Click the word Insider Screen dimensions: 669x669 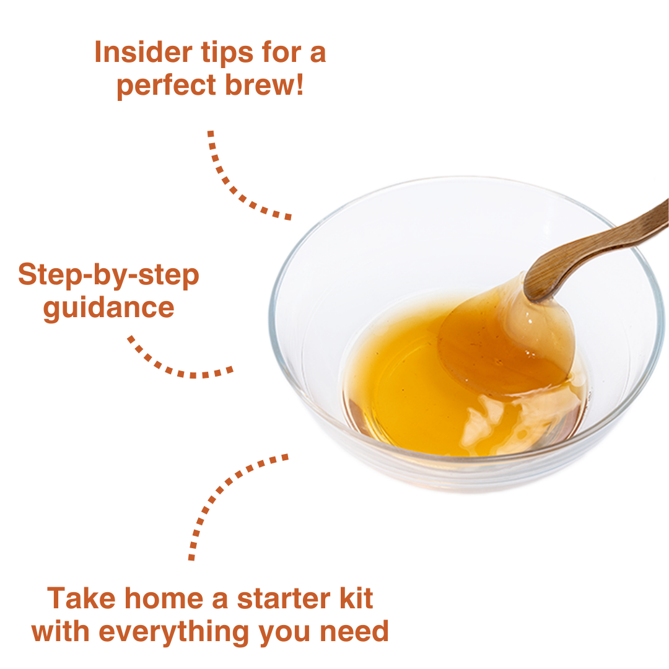pyautogui.click(x=143, y=52)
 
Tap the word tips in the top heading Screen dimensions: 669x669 pyautogui.click(x=227, y=55)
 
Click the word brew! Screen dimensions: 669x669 pyautogui.click(x=264, y=84)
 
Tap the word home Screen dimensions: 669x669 pyautogui.click(x=164, y=598)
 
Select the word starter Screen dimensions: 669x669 pyautogui.click(x=284, y=598)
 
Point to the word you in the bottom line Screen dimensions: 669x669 pyautogui.click(x=285, y=636)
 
